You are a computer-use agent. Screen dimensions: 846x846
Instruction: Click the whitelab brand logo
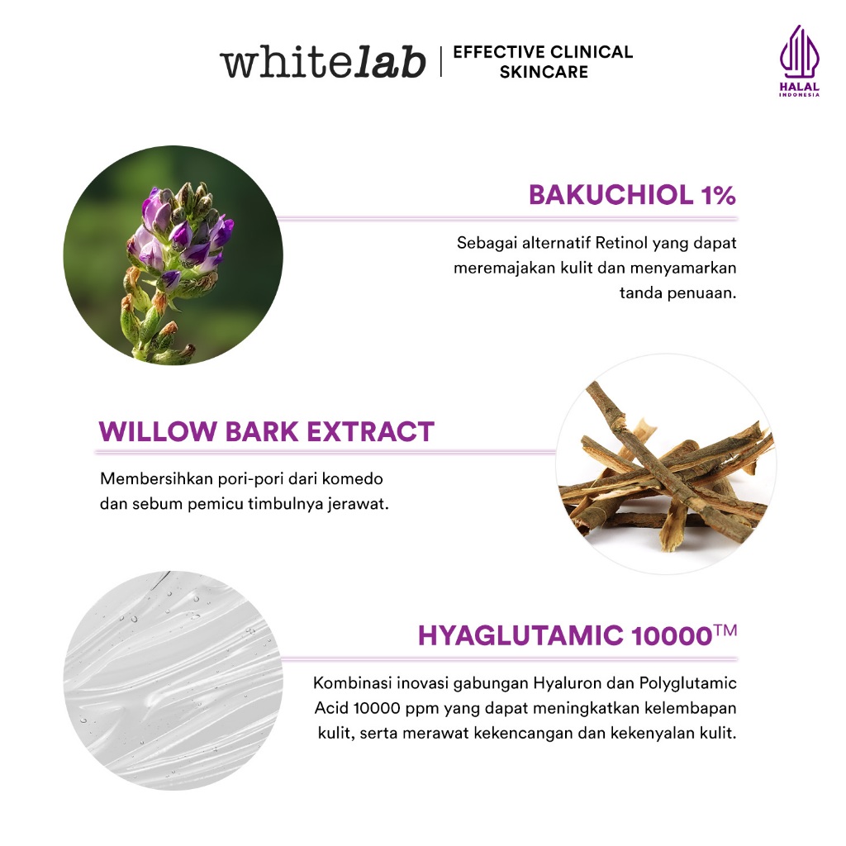[322, 62]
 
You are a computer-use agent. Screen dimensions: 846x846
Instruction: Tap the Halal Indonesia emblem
[799, 62]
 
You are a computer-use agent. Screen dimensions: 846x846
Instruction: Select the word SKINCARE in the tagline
[544, 73]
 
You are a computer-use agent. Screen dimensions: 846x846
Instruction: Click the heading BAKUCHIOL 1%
[632, 196]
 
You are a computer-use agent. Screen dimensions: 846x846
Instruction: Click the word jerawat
[359, 504]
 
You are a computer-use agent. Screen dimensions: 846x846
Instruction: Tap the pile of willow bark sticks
[665, 471]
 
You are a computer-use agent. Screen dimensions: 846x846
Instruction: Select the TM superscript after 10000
[725, 630]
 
